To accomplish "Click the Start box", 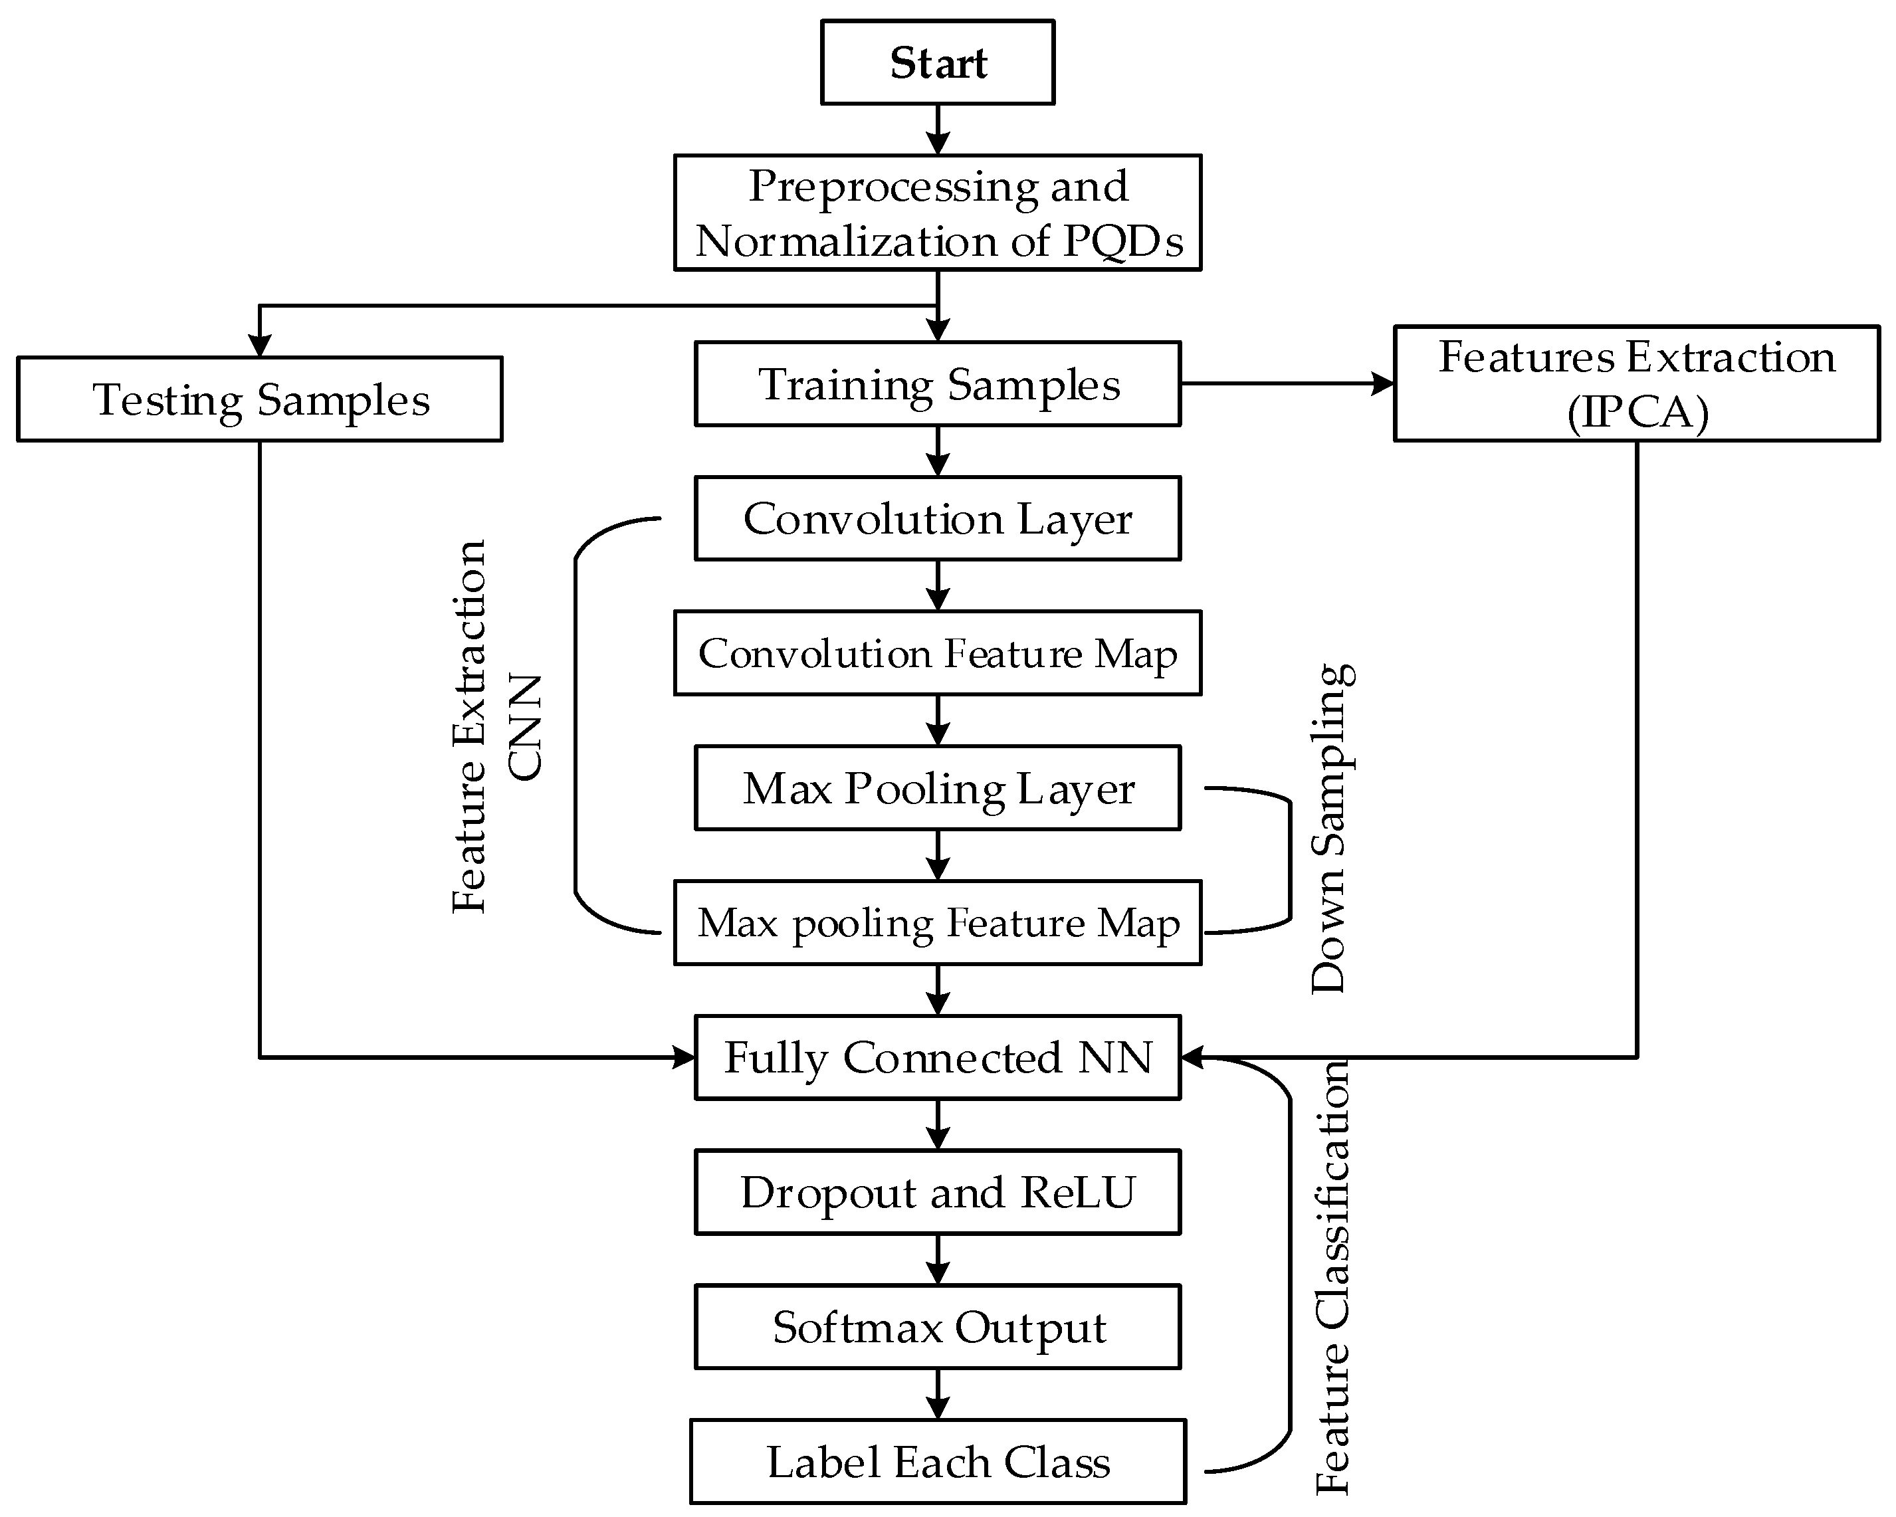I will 938,62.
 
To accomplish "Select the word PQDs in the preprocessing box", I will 1123,241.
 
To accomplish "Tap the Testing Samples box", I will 261,399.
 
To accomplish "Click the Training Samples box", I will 938,384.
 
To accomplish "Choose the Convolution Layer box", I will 938,518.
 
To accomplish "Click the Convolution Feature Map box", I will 938,653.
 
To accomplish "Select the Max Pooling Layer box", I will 938,788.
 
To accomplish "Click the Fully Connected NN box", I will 938,1057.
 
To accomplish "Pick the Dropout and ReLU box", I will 938,1193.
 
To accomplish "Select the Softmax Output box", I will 938,1327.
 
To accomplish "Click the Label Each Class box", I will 938,1463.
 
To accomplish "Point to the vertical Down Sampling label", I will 1330,829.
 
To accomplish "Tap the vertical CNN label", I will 526,728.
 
